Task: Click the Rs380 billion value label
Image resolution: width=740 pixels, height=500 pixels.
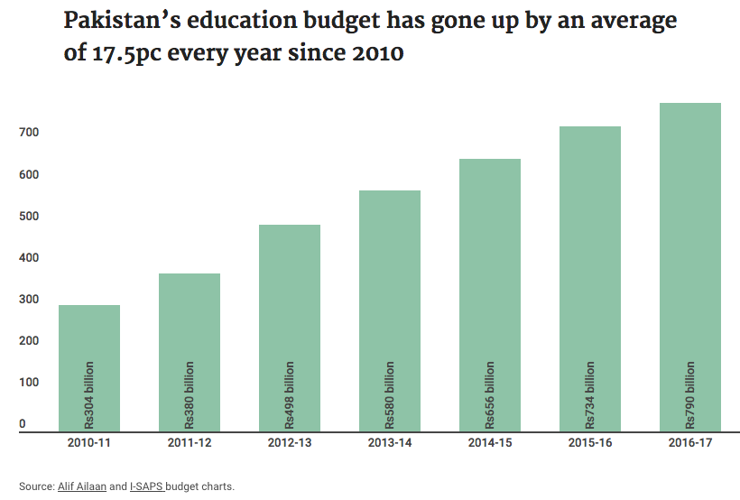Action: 190,394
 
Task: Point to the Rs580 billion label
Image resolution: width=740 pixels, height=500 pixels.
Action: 390,394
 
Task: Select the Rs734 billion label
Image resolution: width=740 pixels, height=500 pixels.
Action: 590,394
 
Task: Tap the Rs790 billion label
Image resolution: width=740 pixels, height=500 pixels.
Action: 690,394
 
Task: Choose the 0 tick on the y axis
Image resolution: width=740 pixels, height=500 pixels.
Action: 23,424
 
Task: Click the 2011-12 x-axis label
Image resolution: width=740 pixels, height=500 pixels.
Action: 190,444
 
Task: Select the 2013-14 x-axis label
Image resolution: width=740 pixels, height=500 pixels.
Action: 390,444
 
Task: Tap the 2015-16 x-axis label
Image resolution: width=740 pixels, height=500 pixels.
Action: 590,444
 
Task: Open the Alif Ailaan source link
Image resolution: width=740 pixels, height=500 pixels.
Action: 82,486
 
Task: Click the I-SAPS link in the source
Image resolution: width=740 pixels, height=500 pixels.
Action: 146,486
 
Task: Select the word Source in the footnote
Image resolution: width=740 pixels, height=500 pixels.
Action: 35,486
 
